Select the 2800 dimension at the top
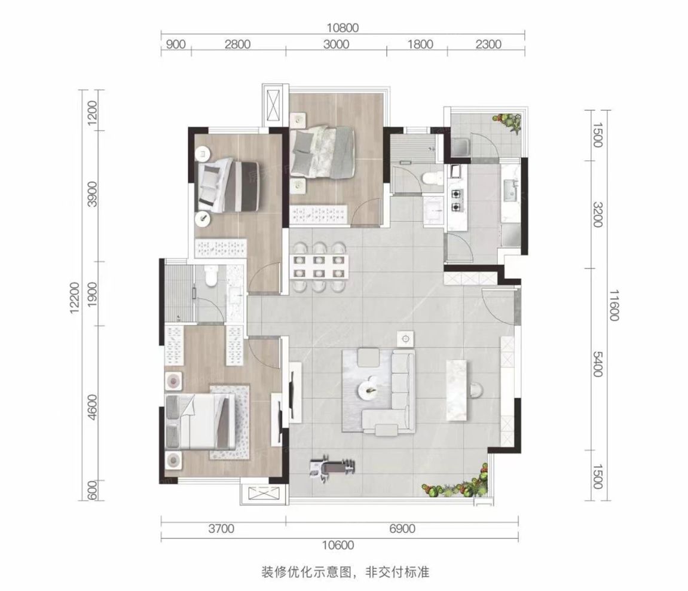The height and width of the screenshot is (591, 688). [x=238, y=44]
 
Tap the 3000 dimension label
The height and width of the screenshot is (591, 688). [x=337, y=44]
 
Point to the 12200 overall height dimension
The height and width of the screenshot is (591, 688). [x=74, y=295]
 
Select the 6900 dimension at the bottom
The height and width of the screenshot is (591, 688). [x=402, y=528]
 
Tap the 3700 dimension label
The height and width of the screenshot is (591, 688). [x=222, y=528]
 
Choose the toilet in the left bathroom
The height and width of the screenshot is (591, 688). [x=210, y=276]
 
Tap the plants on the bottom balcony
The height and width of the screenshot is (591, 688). [x=457, y=483]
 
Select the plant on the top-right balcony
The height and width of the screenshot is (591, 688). [x=512, y=121]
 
